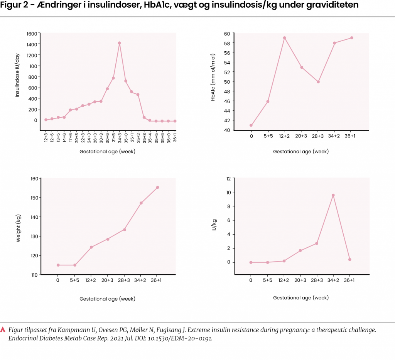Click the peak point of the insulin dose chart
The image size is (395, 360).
[x=120, y=43]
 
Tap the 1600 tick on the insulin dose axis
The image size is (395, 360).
[x=32, y=34]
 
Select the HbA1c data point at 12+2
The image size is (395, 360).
[x=284, y=38]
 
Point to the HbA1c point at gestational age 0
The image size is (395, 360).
[x=251, y=125]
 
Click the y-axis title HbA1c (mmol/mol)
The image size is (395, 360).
[x=213, y=82]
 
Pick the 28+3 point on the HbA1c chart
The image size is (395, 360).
[x=318, y=82]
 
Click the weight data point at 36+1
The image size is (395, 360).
[x=157, y=188]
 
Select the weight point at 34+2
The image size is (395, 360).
[x=141, y=203]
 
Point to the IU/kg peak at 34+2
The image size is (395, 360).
[x=333, y=195]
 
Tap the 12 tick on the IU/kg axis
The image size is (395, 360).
[x=228, y=179]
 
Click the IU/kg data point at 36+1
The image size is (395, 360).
[x=349, y=260]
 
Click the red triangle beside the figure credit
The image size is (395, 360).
[x=3, y=330]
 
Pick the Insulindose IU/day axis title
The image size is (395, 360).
[x=18, y=76]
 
